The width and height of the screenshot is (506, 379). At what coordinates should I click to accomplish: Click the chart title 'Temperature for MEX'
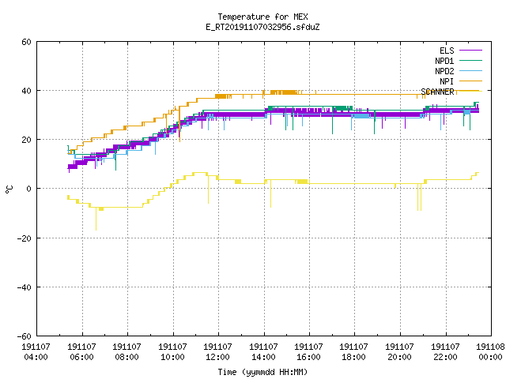[262, 17]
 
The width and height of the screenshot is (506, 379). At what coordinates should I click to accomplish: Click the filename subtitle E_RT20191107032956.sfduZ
[262, 27]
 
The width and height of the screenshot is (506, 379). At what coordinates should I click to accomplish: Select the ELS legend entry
[461, 51]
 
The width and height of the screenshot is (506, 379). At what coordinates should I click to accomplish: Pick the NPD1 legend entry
[459, 61]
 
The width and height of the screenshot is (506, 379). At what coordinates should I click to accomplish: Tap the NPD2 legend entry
[459, 71]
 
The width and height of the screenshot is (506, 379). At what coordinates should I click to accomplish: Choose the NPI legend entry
[461, 81]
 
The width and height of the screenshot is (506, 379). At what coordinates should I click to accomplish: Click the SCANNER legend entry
[451, 92]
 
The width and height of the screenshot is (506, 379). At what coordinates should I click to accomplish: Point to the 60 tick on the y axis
[26, 42]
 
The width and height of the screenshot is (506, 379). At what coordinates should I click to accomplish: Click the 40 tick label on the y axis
[26, 91]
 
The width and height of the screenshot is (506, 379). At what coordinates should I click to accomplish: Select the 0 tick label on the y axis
[28, 189]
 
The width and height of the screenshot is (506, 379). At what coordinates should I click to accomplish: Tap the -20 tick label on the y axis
[25, 238]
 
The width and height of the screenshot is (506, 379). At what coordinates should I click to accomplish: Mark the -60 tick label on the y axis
[25, 336]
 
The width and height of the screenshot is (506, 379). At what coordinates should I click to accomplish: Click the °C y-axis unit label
[9, 189]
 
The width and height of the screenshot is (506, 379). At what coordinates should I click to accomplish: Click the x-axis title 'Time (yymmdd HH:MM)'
[262, 372]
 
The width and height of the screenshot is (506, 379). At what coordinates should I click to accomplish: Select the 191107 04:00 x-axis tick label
[36, 351]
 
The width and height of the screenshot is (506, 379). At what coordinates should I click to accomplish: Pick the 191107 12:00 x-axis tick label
[217, 351]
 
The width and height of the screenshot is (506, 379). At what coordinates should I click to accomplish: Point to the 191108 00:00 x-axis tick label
[490, 351]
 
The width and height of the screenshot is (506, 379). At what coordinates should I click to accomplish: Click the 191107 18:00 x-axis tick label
[353, 351]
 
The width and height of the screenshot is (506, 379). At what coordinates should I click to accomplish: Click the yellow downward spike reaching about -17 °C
[96, 219]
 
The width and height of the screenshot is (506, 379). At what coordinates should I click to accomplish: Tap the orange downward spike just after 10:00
[179, 125]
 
